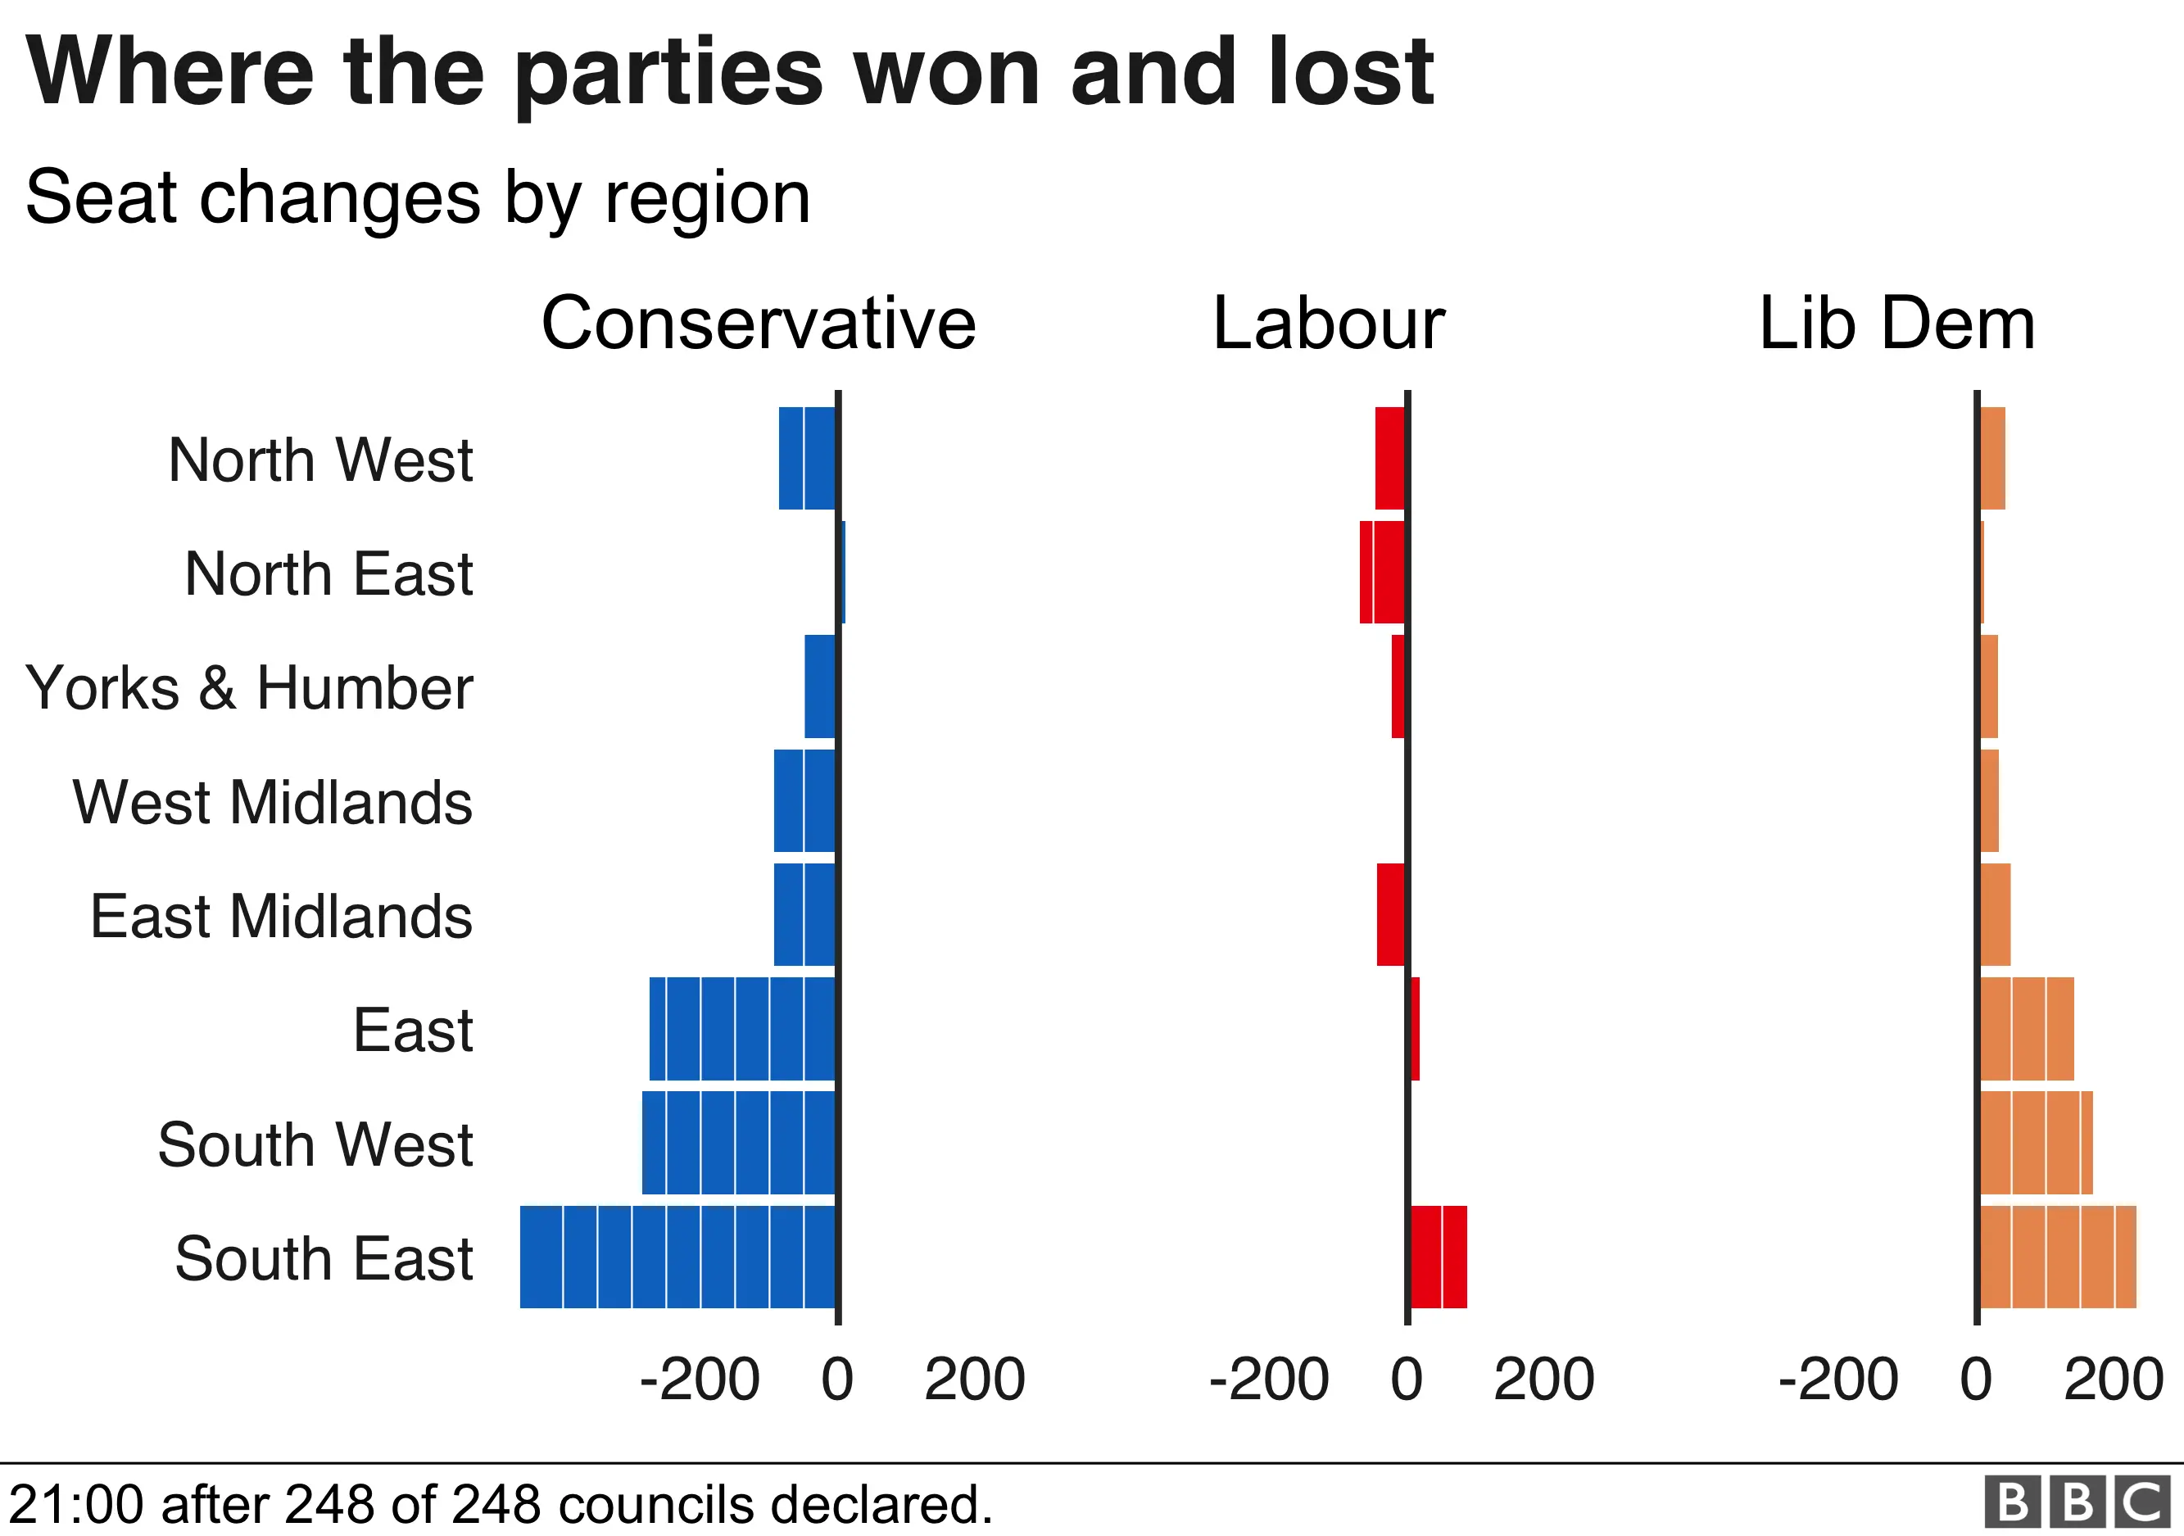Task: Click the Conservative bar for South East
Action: tap(677, 1257)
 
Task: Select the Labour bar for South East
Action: tap(1439, 1257)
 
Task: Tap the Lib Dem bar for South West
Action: tap(2036, 1142)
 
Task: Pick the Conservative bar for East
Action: tap(742, 1028)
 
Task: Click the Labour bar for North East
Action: tap(1382, 572)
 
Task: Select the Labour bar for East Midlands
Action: tap(1391, 914)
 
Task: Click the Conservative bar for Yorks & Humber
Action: tap(820, 686)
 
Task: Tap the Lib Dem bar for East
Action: tap(2026, 1028)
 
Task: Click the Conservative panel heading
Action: tap(758, 324)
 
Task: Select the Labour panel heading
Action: tap(1328, 324)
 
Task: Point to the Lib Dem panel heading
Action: tap(1896, 324)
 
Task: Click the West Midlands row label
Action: tap(272, 802)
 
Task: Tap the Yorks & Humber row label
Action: tap(249, 687)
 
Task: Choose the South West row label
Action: tap(315, 1144)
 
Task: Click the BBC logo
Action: tap(2078, 1502)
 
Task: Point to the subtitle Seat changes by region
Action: tap(418, 197)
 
